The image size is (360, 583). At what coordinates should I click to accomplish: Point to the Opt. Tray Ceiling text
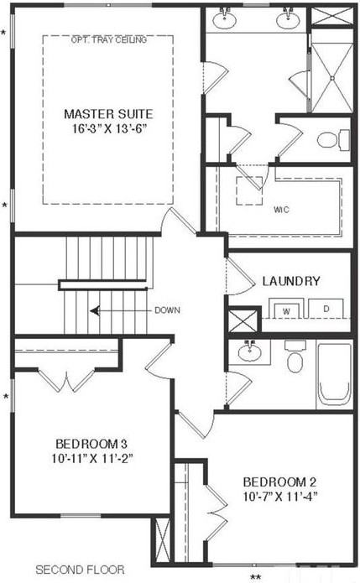coord(109,39)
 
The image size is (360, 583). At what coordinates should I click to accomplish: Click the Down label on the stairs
coord(167,310)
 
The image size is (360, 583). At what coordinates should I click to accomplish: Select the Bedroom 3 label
coord(91,443)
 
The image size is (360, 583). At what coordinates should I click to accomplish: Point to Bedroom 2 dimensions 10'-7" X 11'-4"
coord(279,497)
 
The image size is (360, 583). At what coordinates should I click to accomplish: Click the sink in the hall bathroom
coord(249,352)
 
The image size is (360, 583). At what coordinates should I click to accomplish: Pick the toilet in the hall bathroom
coord(295,358)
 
